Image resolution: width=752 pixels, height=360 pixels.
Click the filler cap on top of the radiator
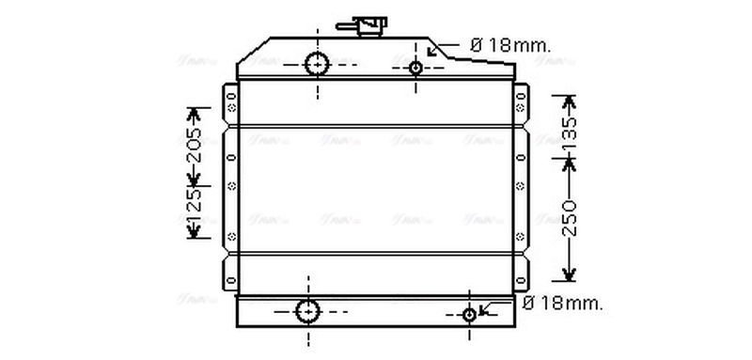[x=367, y=26]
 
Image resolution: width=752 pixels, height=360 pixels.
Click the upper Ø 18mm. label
[x=509, y=44]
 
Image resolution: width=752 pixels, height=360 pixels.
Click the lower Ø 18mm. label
[x=562, y=304]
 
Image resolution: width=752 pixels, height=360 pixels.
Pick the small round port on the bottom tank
[x=470, y=314]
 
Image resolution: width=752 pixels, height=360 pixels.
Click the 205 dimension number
[x=195, y=145]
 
